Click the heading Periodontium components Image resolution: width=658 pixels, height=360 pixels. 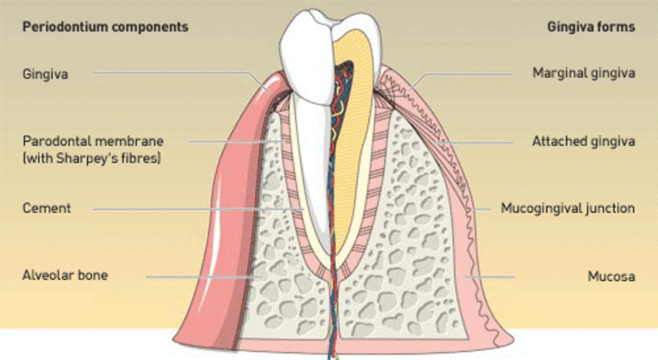point(105,27)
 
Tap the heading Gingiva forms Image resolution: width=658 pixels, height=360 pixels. point(591,27)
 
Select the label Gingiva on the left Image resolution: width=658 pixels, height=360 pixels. point(45,74)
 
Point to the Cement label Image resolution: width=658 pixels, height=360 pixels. point(47,208)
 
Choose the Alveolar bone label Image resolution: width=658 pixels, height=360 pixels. point(65,275)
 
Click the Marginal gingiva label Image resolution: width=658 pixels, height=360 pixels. point(584,73)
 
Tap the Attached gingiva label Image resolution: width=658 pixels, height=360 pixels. point(584,141)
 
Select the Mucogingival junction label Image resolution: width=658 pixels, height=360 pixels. point(568,208)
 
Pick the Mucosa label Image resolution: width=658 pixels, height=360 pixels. point(611,276)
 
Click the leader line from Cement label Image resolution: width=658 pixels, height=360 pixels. point(198,209)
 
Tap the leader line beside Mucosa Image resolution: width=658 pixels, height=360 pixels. point(489,277)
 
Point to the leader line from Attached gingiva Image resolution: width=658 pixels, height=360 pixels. point(475,143)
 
